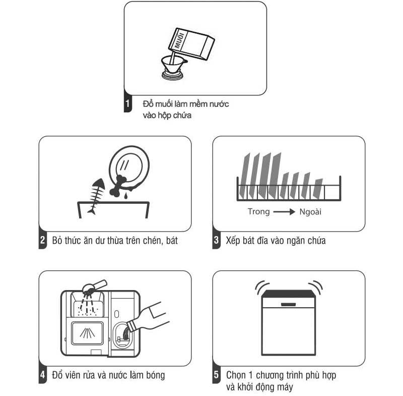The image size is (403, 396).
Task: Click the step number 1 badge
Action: point(128,103)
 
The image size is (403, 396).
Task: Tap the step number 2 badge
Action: point(43,240)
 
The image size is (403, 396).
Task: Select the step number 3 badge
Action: point(217,240)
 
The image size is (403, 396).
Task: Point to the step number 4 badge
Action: point(43,375)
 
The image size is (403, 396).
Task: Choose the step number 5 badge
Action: point(217,375)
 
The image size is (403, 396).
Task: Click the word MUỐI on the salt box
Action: point(180,40)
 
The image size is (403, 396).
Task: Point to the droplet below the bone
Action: point(125,196)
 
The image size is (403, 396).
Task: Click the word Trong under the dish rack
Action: point(258,211)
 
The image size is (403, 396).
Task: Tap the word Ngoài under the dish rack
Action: point(310,212)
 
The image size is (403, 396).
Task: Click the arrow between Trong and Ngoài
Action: point(284,212)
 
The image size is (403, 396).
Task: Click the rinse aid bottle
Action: point(147,318)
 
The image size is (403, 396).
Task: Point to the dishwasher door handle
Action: point(288,304)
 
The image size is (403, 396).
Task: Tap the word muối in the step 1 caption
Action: point(164,104)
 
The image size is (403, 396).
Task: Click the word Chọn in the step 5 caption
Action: point(236,375)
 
